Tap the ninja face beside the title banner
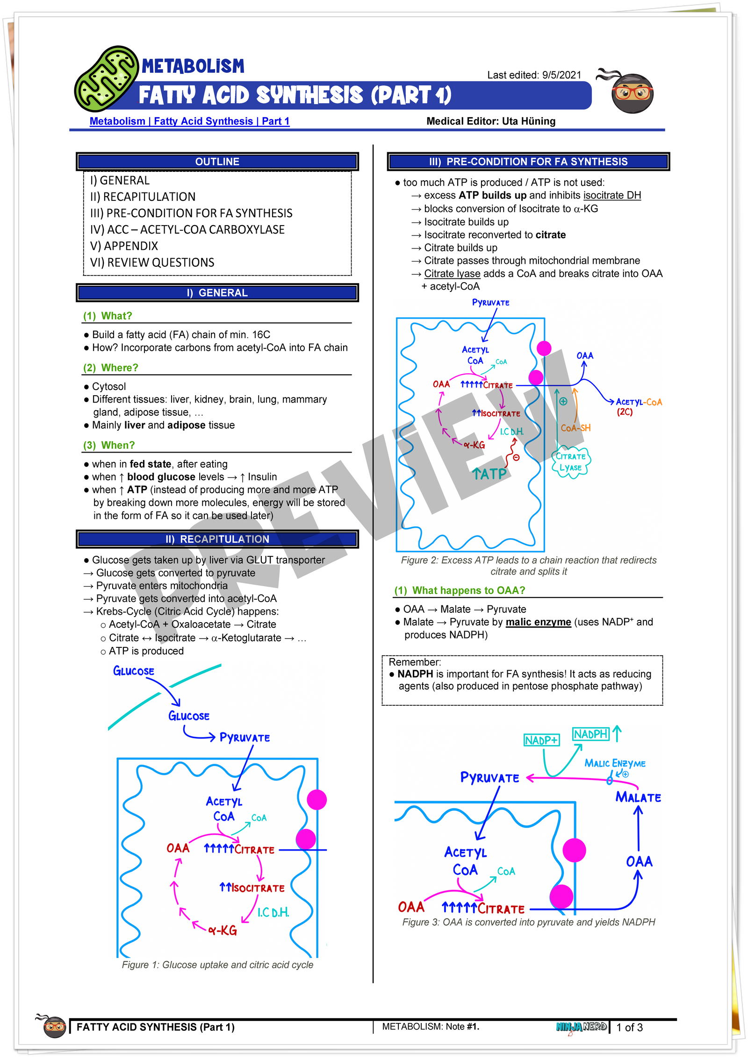[632, 92]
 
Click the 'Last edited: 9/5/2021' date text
[534, 75]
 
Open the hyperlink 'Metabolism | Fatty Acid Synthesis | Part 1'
[189, 121]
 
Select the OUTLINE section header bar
[217, 162]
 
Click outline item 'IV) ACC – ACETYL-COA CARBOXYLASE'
[187, 229]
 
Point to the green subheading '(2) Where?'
[111, 368]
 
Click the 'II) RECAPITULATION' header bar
[217, 539]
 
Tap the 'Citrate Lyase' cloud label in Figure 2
[570, 462]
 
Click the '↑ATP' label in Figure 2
[489, 474]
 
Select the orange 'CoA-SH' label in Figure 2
[575, 428]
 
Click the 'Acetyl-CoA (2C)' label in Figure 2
[638, 406]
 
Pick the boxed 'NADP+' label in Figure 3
[541, 740]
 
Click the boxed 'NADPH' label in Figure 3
[590, 734]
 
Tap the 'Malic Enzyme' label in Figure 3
[615, 763]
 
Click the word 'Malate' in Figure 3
[638, 797]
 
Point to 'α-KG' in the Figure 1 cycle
[223, 930]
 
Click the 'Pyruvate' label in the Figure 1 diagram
[245, 738]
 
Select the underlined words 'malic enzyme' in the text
[538, 622]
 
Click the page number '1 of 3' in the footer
[629, 1027]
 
